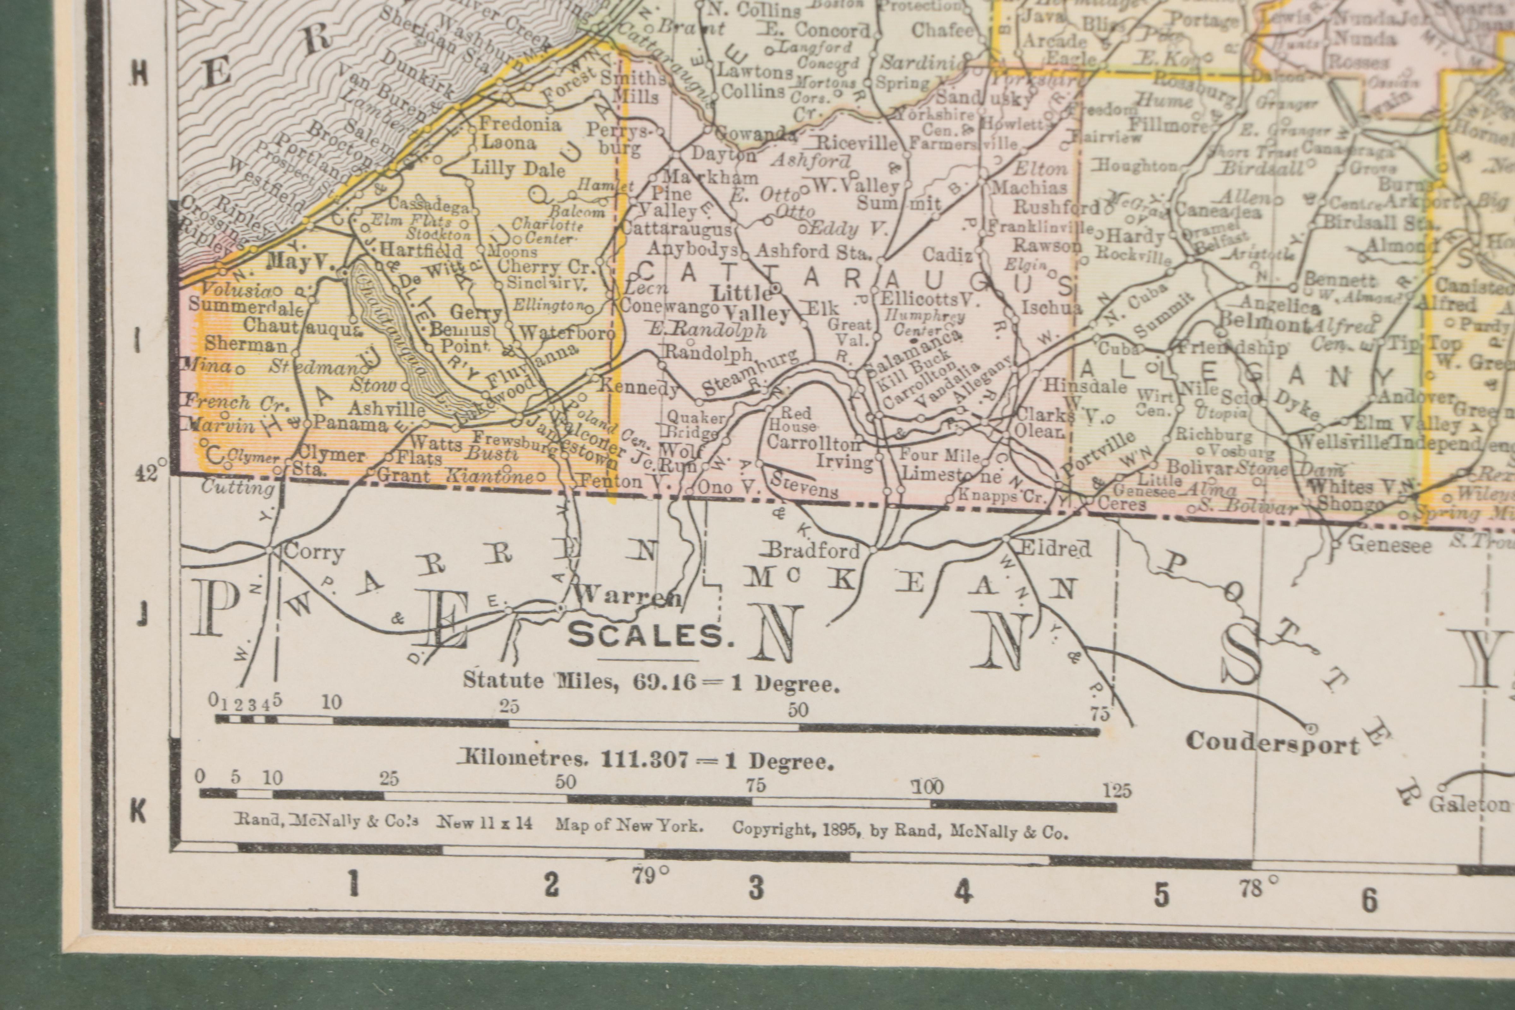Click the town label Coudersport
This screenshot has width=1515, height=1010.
tap(1272, 744)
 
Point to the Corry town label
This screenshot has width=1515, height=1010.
tap(314, 552)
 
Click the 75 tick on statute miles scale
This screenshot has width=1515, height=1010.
tap(1100, 714)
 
